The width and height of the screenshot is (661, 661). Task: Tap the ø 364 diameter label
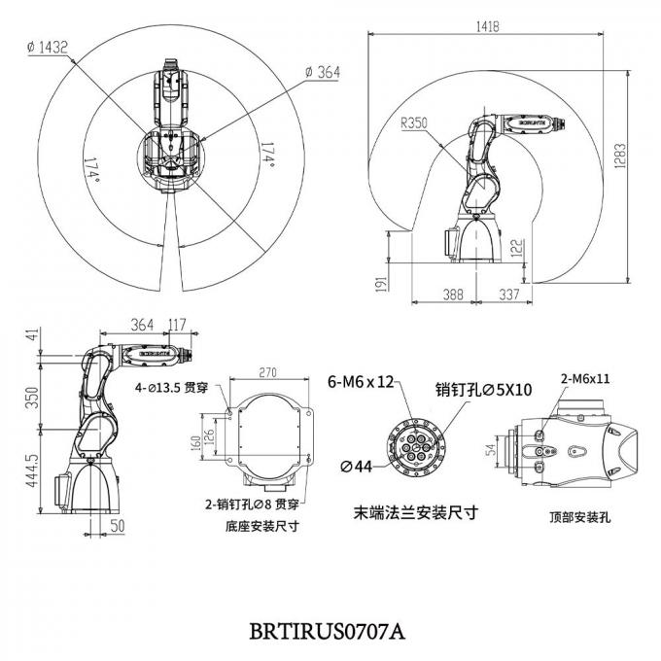click(x=323, y=73)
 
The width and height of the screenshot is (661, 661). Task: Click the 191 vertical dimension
click(x=382, y=282)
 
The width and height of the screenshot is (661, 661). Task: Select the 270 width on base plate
click(x=269, y=370)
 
